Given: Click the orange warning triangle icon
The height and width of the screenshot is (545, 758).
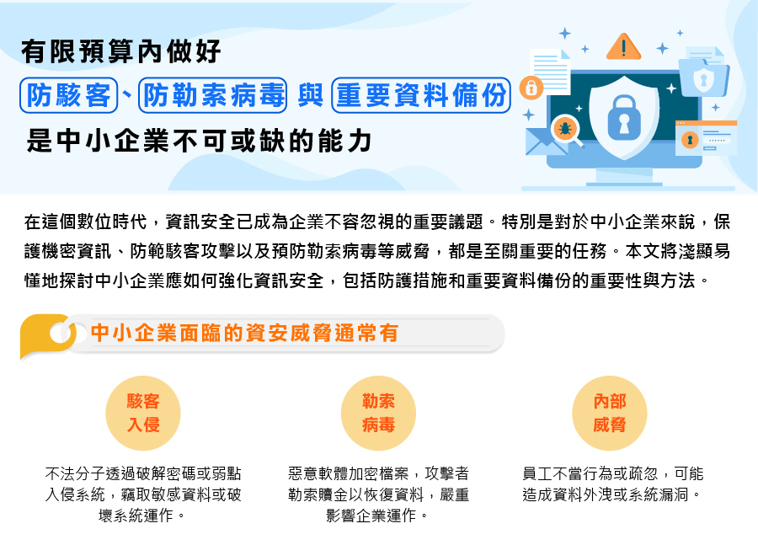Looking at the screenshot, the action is coord(623,47).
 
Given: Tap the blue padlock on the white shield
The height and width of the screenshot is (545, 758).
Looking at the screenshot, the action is coord(624,118).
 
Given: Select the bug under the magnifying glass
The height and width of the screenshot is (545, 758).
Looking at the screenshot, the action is coord(564,129).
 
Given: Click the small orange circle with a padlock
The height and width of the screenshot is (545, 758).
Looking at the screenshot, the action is coord(531,88).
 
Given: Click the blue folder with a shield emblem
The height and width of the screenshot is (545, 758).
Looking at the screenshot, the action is coord(704,77).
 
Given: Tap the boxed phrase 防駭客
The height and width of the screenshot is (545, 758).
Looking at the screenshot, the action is coord(69,95).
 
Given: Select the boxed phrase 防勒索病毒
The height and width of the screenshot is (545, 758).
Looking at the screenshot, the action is coord(213,95).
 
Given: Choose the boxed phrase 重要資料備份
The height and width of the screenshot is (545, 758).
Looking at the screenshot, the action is coord(421,95).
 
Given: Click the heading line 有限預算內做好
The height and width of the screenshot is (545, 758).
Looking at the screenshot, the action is coord(120,51).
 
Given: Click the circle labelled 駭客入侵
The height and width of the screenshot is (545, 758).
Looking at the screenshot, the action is coord(143,414).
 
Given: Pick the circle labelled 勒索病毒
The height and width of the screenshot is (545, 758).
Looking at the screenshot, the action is coord(378,414).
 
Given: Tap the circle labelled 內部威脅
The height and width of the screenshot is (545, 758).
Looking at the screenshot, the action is coord(610,414).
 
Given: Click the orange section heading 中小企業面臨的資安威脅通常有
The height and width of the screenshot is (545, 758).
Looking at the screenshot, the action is coord(244,334).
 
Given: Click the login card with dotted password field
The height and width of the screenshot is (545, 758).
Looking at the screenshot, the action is coord(707,138).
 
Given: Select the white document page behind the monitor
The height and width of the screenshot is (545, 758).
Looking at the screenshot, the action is coord(550,72).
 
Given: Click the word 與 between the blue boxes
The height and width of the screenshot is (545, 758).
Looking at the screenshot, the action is coord(310,95).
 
